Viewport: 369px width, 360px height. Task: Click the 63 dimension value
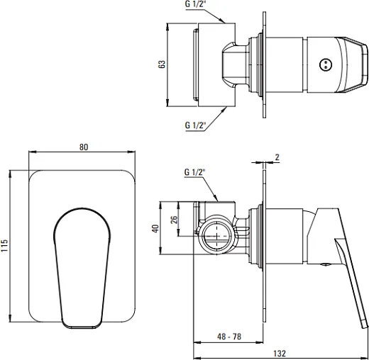tap(162, 64)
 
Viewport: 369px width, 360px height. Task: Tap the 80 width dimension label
tap(84, 147)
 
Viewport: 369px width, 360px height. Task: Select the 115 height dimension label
tap(4, 245)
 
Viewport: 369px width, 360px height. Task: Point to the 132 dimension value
tap(280, 354)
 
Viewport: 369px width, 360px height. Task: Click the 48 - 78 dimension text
tap(229, 337)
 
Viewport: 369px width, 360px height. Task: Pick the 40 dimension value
tap(155, 228)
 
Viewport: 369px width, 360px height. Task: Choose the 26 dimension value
tap(174, 220)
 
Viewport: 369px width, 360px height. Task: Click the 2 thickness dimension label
tap(277, 157)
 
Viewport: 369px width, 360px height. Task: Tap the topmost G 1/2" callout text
tap(194, 4)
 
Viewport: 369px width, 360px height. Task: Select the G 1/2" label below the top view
tap(195, 125)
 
